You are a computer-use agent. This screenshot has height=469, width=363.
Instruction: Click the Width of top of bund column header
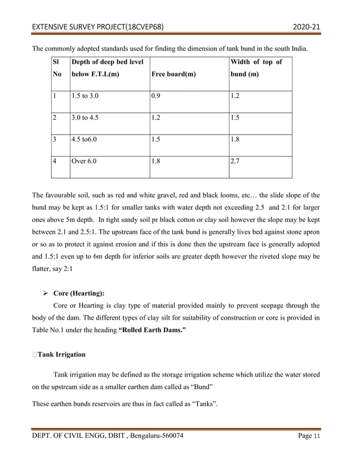click(x=255, y=68)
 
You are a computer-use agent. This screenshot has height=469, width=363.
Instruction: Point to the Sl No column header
click(x=56, y=68)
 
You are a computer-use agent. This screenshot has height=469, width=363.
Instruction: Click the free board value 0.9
click(x=156, y=96)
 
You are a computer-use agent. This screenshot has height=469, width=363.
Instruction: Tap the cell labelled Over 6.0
click(x=84, y=161)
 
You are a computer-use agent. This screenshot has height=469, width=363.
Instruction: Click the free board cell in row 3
click(x=156, y=140)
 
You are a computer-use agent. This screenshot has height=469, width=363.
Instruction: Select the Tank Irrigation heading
click(x=61, y=354)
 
